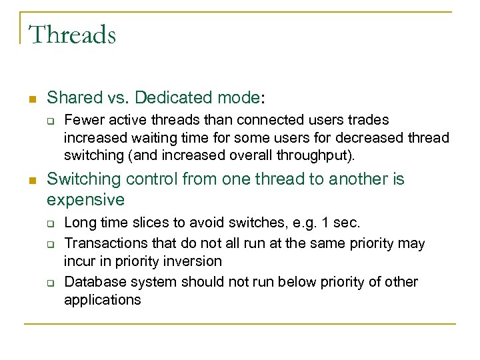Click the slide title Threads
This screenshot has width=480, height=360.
pos(72,35)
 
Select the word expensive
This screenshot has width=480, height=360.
pos(86,199)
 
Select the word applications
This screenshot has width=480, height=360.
pos(102,300)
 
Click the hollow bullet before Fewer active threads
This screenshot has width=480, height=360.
pos(50,121)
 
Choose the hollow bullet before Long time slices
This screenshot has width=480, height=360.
pos(50,223)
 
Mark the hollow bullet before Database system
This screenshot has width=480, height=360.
pos(50,283)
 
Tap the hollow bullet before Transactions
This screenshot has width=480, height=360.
pos(50,245)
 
